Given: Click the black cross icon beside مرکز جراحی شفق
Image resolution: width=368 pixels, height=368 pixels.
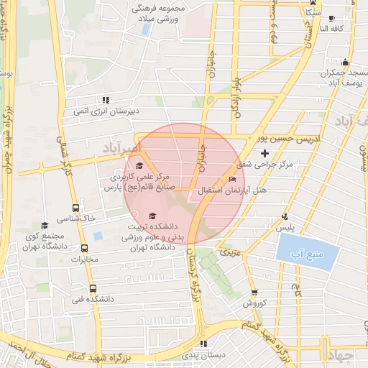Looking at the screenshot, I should click(265, 153).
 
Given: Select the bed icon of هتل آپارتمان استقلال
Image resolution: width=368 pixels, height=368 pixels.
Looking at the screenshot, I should click(231, 180).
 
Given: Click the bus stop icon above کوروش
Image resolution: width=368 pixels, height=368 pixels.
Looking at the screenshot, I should click(254, 293).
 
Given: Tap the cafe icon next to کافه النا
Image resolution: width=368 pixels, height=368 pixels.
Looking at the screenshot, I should click(331, 19).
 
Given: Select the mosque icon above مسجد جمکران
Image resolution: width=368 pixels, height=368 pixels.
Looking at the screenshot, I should click(345, 62).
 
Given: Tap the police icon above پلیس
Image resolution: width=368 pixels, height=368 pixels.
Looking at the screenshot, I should click(285, 216).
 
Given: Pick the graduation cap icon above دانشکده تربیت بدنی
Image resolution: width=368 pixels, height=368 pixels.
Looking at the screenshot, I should click(151, 216).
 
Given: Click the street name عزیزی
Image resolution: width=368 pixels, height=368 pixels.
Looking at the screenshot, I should click(229, 253).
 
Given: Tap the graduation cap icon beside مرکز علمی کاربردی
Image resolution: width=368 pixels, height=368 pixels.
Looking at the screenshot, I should click(139, 166).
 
